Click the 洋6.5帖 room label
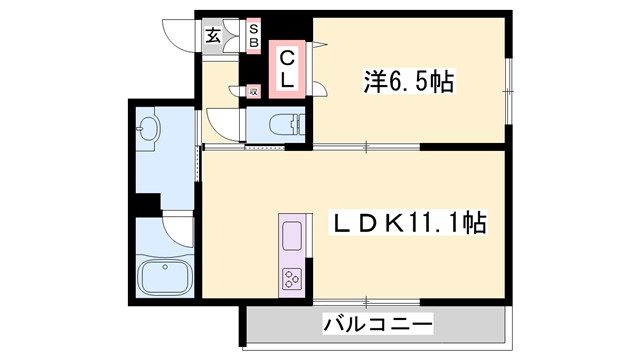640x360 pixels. [407, 82]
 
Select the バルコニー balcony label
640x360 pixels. [379, 325]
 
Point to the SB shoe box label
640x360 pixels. [253, 37]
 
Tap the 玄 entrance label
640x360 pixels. [214, 37]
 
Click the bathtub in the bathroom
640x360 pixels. [166, 274]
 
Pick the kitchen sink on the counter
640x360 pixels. [293, 237]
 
